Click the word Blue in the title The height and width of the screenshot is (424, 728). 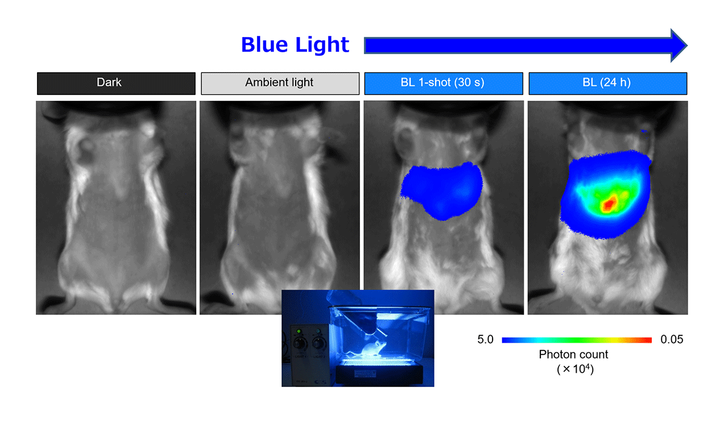pyautogui.click(x=264, y=44)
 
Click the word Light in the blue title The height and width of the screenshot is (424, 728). pyautogui.click(x=322, y=44)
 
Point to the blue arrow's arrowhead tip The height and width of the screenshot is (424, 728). pyautogui.click(x=686, y=46)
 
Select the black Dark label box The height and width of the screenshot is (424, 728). pyautogui.click(x=117, y=84)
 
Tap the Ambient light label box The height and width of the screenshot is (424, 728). pyautogui.click(x=280, y=84)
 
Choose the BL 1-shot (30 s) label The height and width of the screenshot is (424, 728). pyautogui.click(x=444, y=84)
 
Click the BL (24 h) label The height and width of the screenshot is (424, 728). pyautogui.click(x=608, y=84)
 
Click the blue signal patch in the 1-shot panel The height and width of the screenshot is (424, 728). pyautogui.click(x=442, y=190)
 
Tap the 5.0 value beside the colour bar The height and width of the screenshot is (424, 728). pyautogui.click(x=485, y=339)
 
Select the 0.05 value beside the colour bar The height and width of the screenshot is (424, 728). pyautogui.click(x=672, y=339)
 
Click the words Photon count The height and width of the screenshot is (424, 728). pyautogui.click(x=573, y=355)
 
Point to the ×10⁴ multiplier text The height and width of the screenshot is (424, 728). pyautogui.click(x=575, y=369)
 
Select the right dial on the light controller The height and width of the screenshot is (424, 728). pyautogui.click(x=318, y=343)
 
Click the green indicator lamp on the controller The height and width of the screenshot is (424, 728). pyautogui.click(x=299, y=331)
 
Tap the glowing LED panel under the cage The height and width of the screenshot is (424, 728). pyautogui.click(x=379, y=363)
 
